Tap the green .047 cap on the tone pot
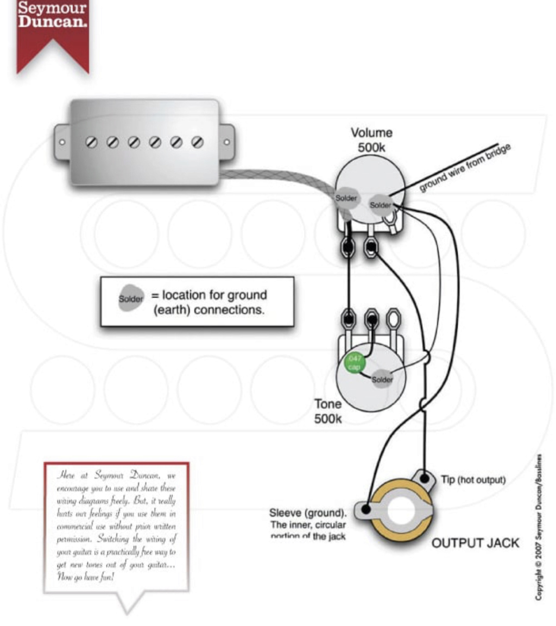[355, 362]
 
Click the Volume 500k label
[371, 140]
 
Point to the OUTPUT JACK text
[475, 543]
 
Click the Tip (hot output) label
[473, 480]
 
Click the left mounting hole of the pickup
[62, 142]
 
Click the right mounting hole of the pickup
[226, 143]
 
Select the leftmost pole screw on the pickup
[92, 142]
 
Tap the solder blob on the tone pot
[382, 380]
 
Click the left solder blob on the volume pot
[346, 198]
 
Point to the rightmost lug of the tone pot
[393, 318]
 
